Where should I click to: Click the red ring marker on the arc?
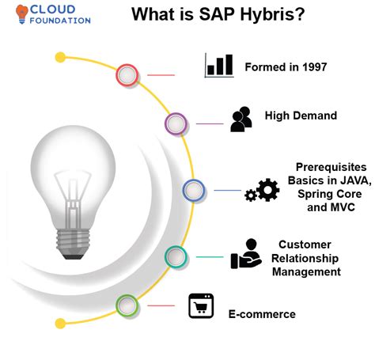tap(127, 75)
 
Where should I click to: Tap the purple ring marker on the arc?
tap(176, 123)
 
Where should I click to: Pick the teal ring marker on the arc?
tap(176, 256)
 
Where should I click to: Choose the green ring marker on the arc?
tap(127, 305)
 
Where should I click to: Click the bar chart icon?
tap(218, 65)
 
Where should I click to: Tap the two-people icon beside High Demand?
tap(241, 118)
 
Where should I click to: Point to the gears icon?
tap(262, 191)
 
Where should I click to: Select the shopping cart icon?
tap(201, 306)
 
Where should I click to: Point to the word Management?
tap(306, 271)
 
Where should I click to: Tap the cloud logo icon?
tap(18, 11)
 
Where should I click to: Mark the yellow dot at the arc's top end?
tap(60, 57)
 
